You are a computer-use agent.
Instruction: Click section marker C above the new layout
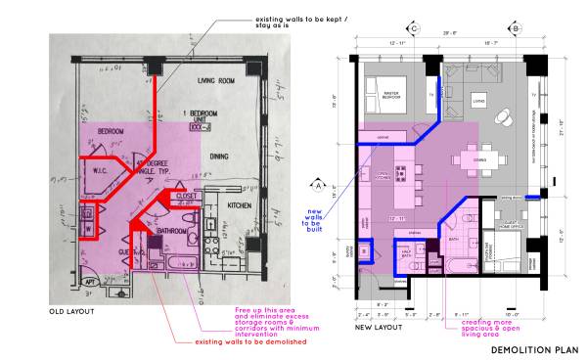point(415,28)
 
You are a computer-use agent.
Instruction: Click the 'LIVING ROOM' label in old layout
point(220,80)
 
